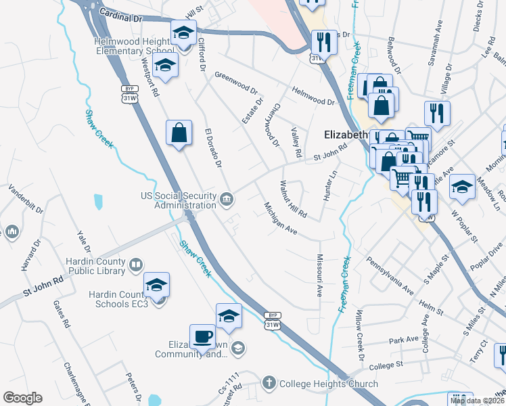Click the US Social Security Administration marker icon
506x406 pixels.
point(227,199)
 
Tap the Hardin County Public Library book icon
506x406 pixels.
point(135,264)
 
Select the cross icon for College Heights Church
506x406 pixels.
point(269,383)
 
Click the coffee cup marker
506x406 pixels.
point(202,336)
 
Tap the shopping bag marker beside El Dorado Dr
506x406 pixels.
point(179,133)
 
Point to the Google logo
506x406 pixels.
point(22,398)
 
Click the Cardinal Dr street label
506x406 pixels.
point(122,14)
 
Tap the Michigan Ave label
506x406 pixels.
point(281,219)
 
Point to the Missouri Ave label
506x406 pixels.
point(319,275)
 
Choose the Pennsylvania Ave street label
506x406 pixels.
point(390,275)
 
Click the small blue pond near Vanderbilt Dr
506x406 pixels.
point(99,201)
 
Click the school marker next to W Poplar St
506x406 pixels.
point(463,186)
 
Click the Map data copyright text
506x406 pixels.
point(476,401)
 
